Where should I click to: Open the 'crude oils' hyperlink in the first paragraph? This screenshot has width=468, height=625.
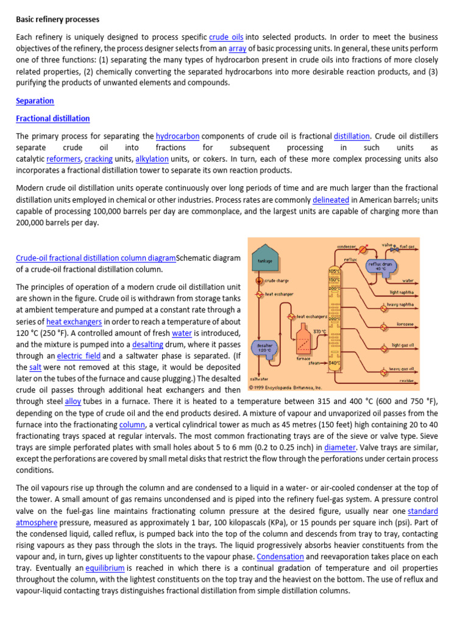[x=227, y=37]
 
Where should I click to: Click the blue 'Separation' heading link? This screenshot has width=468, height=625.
[x=35, y=101]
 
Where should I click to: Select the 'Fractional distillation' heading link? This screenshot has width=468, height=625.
[x=53, y=118]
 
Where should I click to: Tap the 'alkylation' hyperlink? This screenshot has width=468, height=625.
[x=152, y=159]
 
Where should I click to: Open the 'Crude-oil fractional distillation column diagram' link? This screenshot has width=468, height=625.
[x=96, y=258]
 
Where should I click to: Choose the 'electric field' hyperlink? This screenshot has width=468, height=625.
[x=79, y=356]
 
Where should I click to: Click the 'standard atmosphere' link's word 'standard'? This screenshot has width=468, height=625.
[x=422, y=511]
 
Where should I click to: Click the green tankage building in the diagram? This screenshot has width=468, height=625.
[x=264, y=261]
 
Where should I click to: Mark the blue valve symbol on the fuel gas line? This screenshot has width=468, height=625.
[x=395, y=249]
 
